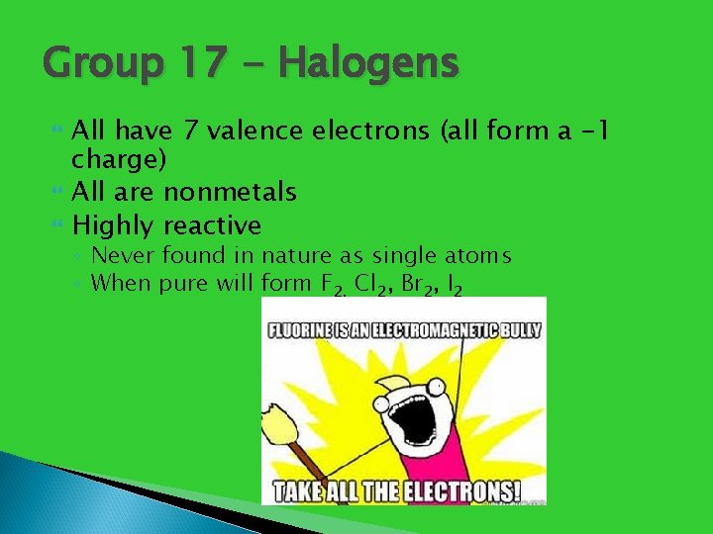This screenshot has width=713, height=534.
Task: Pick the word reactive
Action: pos(212,224)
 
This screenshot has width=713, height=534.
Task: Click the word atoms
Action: pos(475,256)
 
